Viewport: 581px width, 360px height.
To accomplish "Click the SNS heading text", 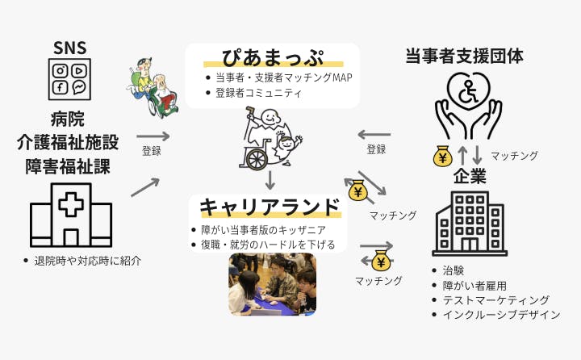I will point(69,48).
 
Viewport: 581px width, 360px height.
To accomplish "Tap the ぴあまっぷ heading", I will point(273,58).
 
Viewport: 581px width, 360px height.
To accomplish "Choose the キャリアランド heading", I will point(270,207).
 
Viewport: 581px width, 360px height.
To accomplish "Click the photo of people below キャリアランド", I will point(272,283).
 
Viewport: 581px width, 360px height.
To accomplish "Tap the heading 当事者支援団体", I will point(464,56).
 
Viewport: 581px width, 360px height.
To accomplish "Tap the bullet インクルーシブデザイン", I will point(500,315).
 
